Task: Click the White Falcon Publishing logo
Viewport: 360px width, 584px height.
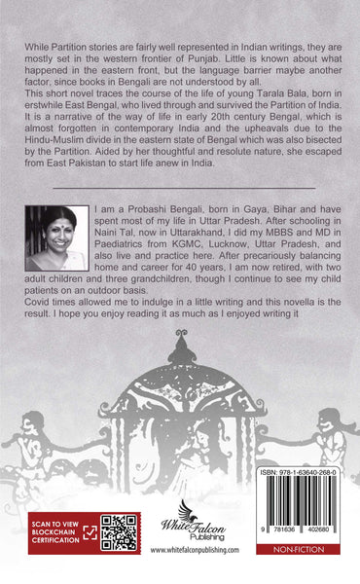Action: tap(196, 530)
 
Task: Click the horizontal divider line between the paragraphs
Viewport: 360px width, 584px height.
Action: tap(181, 186)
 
